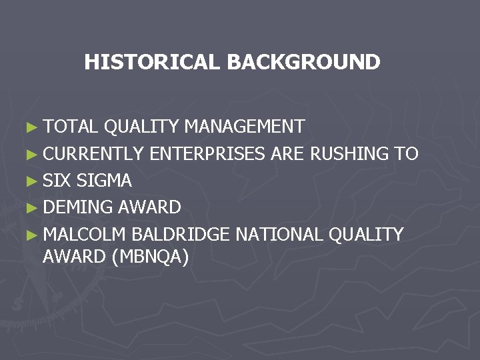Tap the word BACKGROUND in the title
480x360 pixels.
[x=303, y=63]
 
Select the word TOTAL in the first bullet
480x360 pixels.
[x=71, y=127]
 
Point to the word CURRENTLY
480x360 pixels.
[x=93, y=154]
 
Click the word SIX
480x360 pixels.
[x=57, y=181]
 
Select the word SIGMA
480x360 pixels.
[x=105, y=181]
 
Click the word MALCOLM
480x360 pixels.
[x=84, y=235]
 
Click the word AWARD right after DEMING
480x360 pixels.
[x=149, y=207]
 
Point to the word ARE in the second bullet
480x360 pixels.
[x=287, y=154]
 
